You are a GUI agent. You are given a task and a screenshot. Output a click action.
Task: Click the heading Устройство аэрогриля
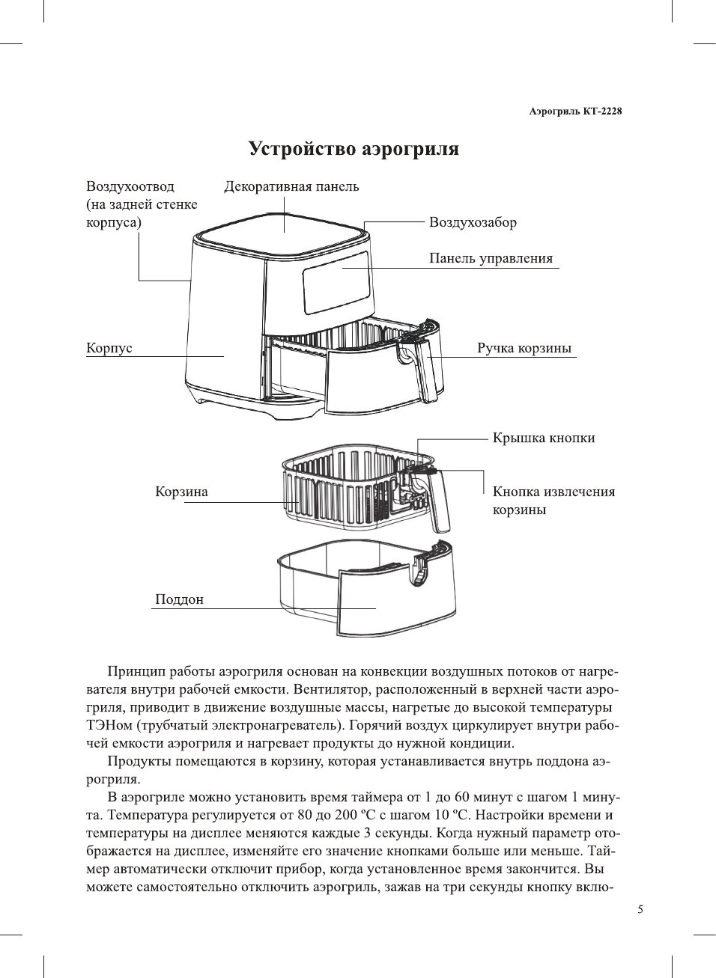354,149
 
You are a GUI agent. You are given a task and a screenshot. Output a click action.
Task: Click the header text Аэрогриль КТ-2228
574,111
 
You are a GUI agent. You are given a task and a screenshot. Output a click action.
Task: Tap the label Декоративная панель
291,186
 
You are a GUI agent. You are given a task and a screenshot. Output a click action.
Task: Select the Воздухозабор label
473,222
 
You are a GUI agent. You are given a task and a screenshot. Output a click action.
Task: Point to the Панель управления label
491,258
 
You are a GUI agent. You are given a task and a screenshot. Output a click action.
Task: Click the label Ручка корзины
524,348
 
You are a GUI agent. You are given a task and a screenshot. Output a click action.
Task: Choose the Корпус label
109,348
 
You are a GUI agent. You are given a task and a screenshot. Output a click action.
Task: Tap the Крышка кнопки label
544,438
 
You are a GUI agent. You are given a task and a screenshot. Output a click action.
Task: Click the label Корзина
181,492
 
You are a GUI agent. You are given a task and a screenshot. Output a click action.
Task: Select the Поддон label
179,599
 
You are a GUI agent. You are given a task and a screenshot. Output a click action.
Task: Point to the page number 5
640,909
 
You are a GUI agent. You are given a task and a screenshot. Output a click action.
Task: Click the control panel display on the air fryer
336,282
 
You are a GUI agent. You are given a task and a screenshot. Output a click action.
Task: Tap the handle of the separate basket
440,501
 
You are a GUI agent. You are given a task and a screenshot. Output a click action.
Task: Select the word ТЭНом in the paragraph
109,725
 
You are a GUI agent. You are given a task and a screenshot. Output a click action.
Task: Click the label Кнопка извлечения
553,492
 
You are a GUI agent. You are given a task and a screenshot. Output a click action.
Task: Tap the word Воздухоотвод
130,186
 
